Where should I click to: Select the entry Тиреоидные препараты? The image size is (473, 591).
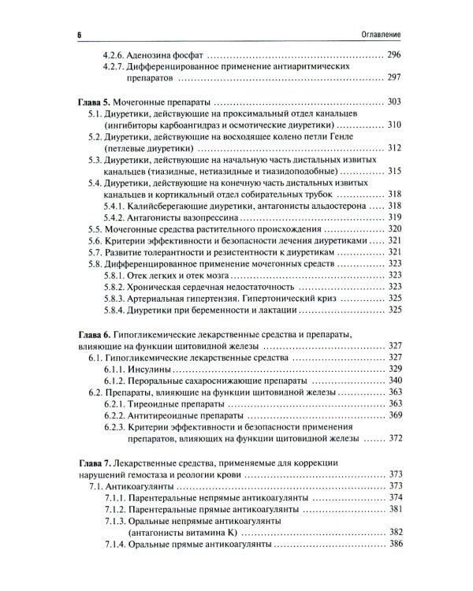pyautogui.click(x=178, y=403)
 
